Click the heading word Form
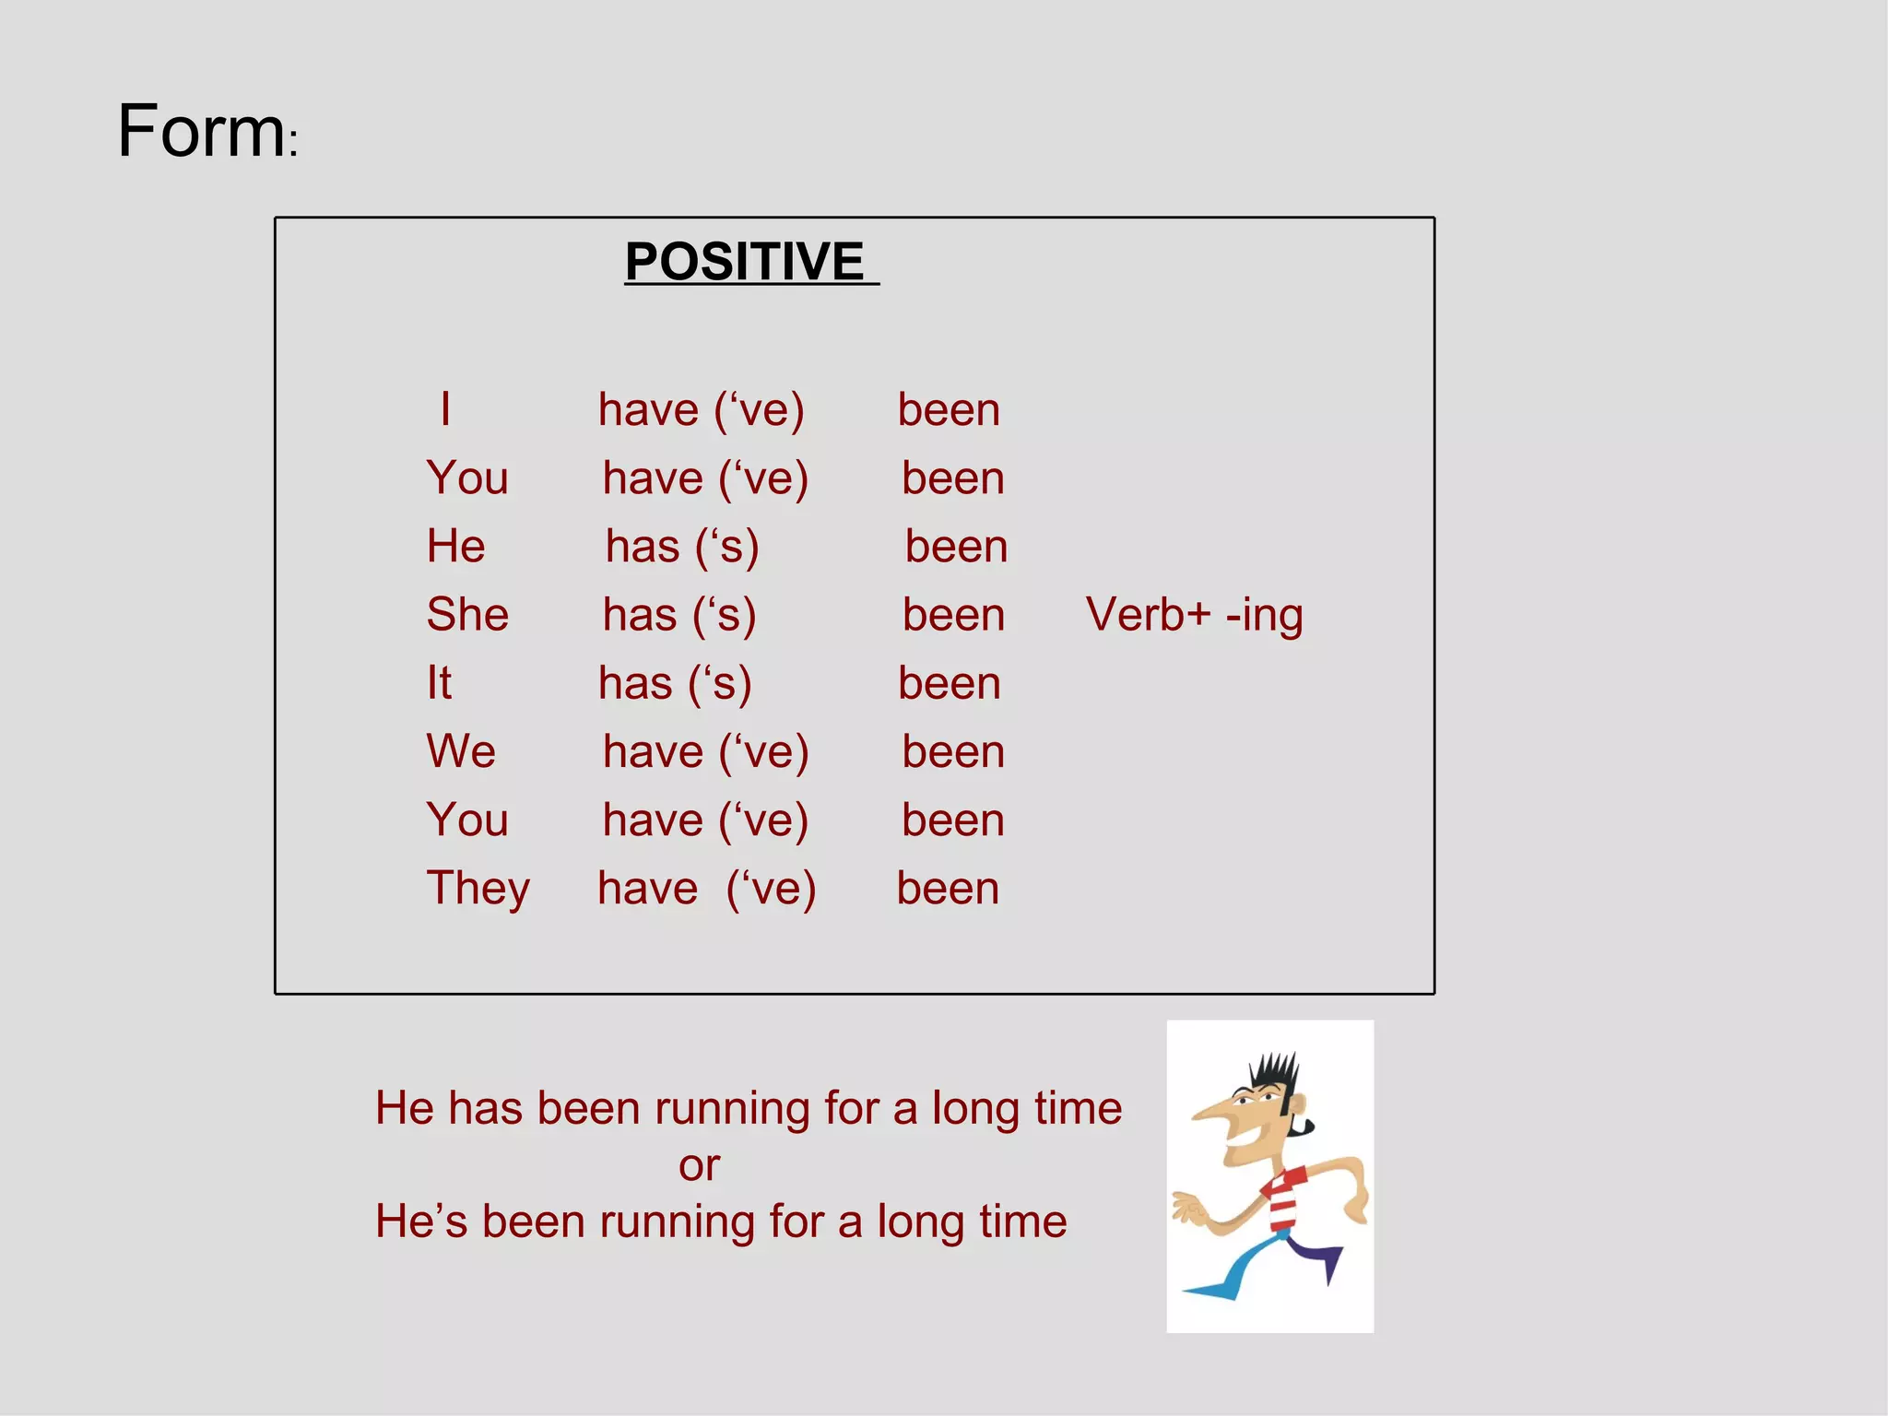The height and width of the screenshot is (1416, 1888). point(201,132)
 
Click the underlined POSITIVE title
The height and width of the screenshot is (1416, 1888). point(745,262)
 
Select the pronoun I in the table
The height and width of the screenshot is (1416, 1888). point(445,409)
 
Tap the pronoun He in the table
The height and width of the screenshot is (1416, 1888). point(455,546)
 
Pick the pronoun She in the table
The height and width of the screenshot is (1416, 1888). point(467,615)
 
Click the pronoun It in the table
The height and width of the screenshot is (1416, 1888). point(439,683)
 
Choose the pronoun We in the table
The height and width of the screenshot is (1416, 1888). point(461,751)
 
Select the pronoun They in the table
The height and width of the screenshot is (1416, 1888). point(478,889)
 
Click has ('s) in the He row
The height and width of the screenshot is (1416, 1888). point(682,547)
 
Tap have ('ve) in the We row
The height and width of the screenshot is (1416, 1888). point(705,751)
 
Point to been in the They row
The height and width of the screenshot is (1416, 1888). point(948,889)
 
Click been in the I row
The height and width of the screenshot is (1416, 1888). point(949,410)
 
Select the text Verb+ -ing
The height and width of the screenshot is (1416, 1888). point(1194,615)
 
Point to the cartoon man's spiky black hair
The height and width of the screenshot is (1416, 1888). point(1275,1074)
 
